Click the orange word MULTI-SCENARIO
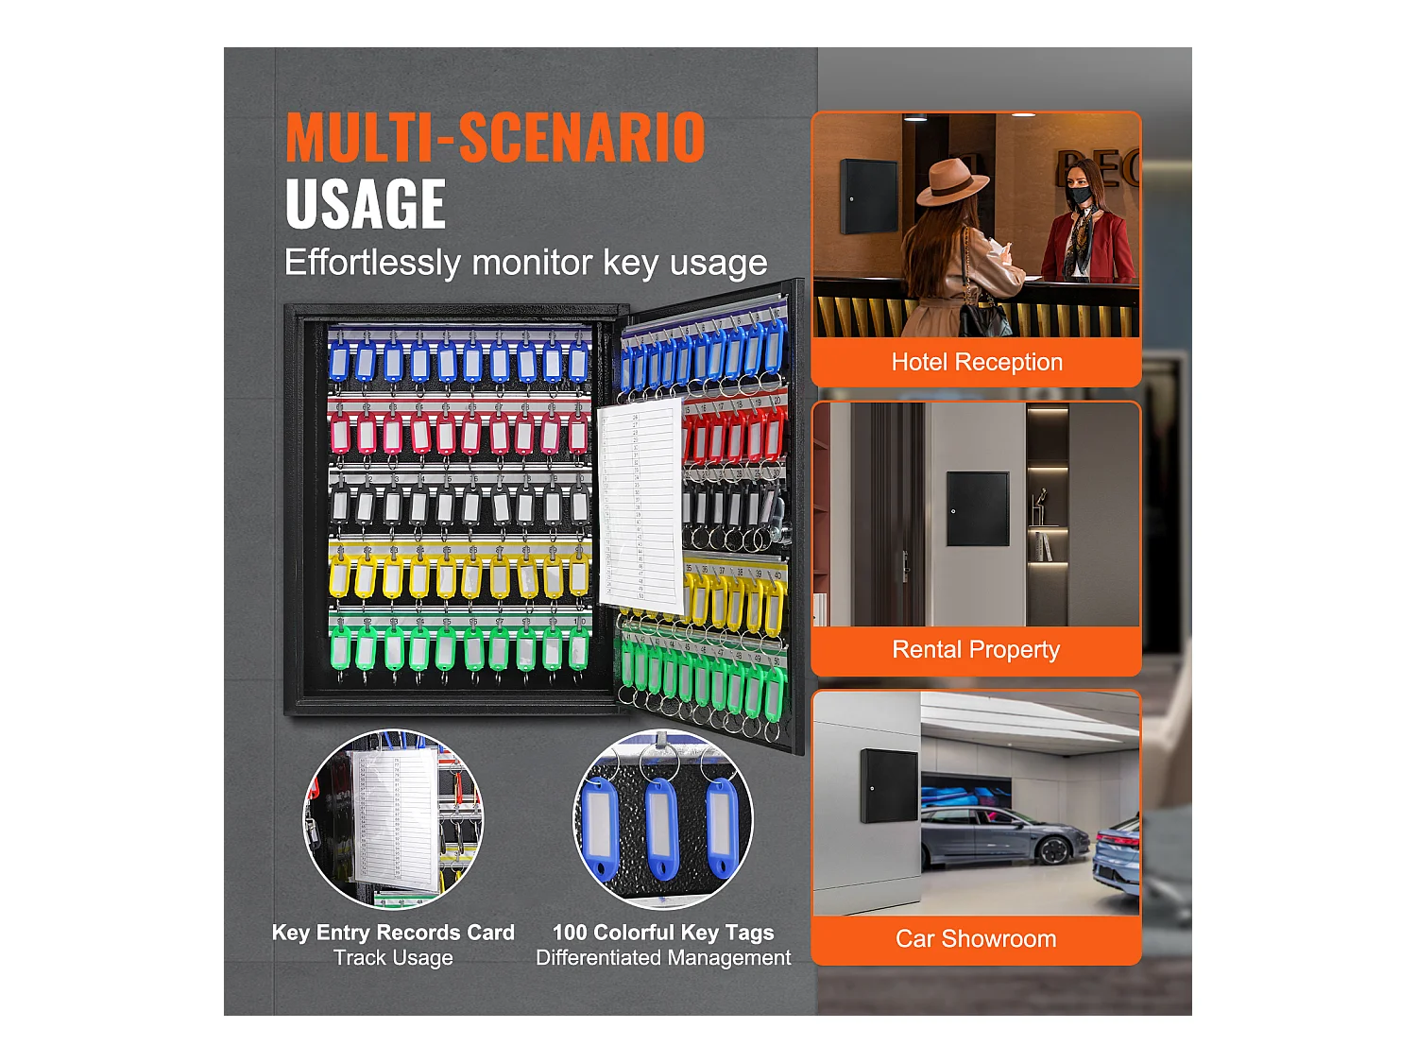pyautogui.click(x=495, y=138)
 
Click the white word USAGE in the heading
pyautogui.click(x=366, y=205)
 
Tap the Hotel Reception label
pyautogui.click(x=977, y=362)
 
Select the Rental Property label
pyautogui.click(x=976, y=650)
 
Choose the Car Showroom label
pyautogui.click(x=976, y=939)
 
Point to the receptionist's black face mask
pyautogui.click(x=1081, y=196)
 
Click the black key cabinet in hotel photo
pyautogui.click(x=869, y=196)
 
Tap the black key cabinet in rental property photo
pyautogui.click(x=978, y=508)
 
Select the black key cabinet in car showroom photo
pyautogui.click(x=889, y=785)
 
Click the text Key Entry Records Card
pyautogui.click(x=393, y=933)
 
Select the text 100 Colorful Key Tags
pyautogui.click(x=663, y=933)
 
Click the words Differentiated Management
pyautogui.click(x=663, y=958)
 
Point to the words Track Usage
pyautogui.click(x=393, y=958)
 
